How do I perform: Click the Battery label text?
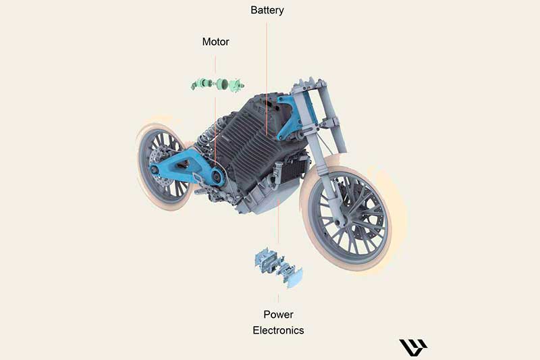point(267,10)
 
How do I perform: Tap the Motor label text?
point(215,42)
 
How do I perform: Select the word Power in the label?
point(278,315)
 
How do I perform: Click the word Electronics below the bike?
point(278,330)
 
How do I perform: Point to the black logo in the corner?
point(412,347)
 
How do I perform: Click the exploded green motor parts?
point(217,84)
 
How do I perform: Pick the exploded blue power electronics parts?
point(278,267)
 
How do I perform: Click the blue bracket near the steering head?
point(286,117)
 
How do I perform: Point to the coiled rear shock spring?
point(205,140)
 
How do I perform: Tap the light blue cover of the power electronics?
point(293,278)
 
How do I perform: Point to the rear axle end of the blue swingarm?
point(155,169)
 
